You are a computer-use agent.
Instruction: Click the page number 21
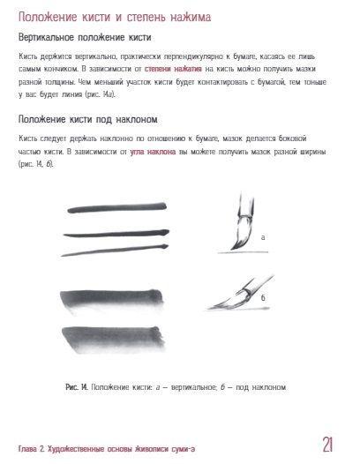pyautogui.click(x=328, y=443)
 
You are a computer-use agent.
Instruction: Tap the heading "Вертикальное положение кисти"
pyautogui.click(x=85, y=38)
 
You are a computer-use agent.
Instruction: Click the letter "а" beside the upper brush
pyautogui.click(x=263, y=236)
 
